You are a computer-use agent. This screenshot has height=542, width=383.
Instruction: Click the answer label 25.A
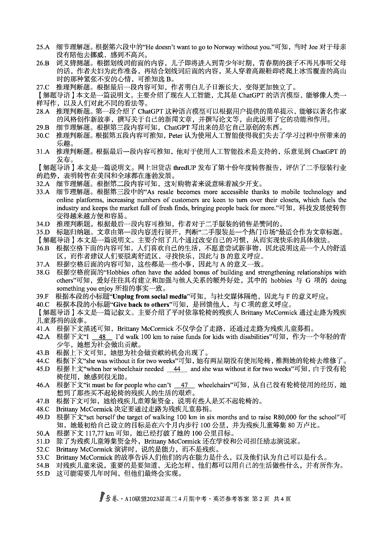43,47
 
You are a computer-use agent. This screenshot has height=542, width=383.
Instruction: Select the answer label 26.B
43,63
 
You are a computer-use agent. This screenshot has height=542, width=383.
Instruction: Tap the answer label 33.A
43,192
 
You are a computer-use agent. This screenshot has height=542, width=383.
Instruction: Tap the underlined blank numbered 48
102,337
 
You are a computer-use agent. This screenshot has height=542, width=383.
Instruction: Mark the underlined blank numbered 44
177,369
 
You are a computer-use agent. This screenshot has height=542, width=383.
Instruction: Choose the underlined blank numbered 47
184,385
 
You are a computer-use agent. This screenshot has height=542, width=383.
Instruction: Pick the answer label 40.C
43,305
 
